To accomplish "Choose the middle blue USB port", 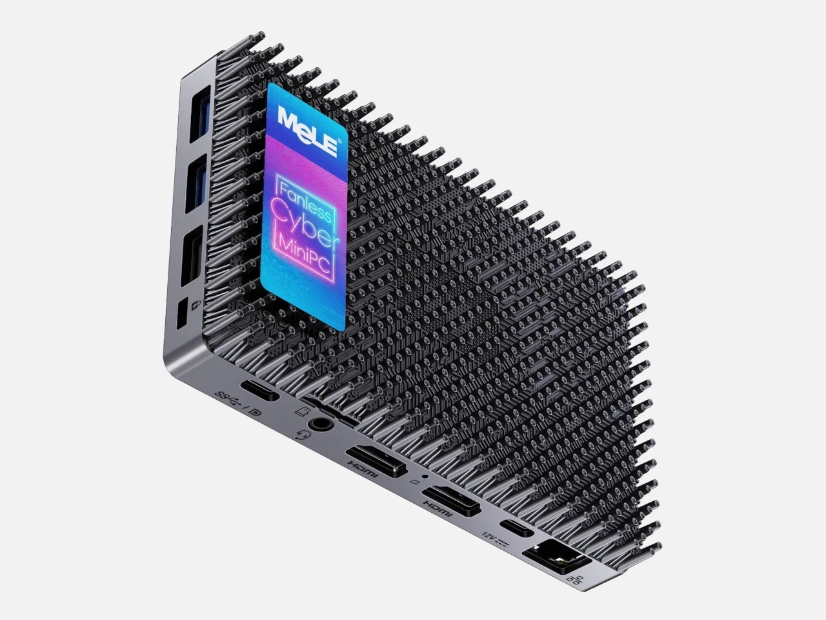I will (196, 184).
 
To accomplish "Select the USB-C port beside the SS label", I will (260, 393).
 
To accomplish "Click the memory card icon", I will (300, 410).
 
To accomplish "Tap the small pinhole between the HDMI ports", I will (424, 477).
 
